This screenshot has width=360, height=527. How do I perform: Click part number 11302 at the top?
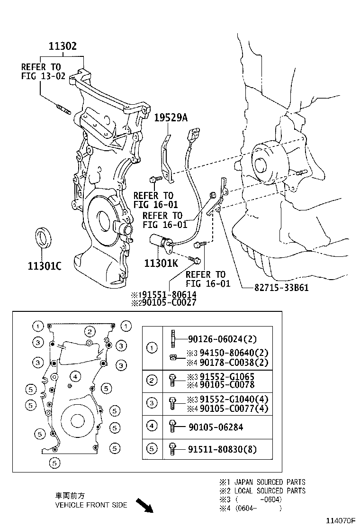pos(62,46)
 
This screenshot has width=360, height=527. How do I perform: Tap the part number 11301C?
pos(44,266)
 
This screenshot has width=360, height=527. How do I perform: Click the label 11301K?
pos(161,262)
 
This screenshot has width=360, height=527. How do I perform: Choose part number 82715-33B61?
pos(274,287)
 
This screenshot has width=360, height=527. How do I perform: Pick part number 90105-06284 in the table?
pos(215,427)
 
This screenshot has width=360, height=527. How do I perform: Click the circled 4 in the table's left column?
pos(152,427)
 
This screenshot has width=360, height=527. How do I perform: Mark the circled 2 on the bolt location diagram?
pos(89,331)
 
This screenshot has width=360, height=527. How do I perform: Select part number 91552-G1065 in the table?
pos(221,376)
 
